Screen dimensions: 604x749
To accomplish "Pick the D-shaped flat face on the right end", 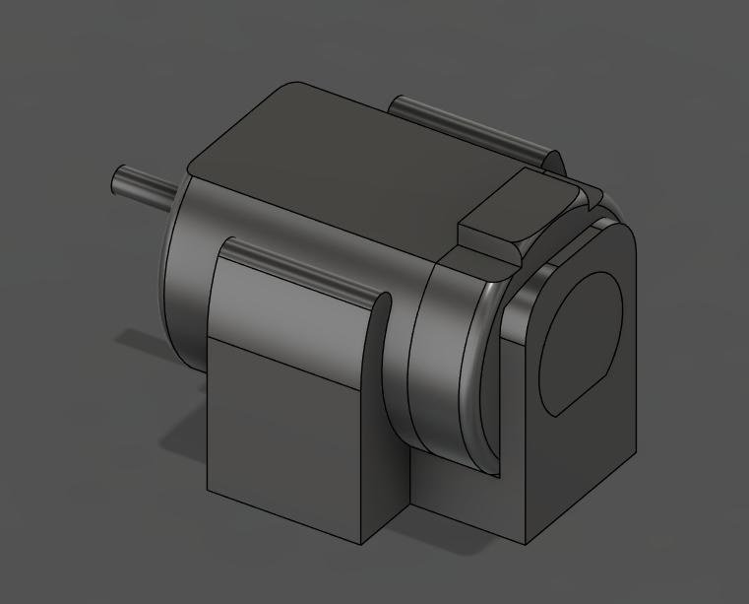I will coord(581,340).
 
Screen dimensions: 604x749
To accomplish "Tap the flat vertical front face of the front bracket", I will coord(285,434).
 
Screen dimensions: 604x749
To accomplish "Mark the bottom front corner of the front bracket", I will coord(362,543).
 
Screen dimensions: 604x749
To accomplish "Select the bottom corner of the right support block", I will coord(527,543).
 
